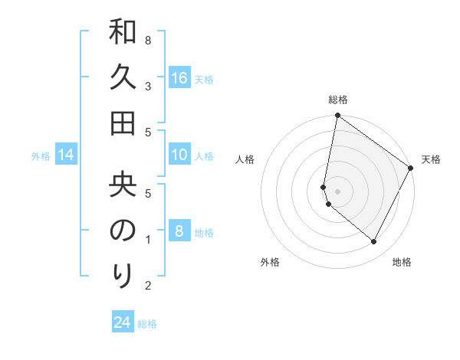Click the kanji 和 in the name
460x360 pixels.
123,34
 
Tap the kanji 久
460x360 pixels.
123,77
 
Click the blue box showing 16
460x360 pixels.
179,78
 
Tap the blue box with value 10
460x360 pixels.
179,155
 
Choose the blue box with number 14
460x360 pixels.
66,155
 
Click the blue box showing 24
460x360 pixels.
123,322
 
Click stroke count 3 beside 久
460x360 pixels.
148,86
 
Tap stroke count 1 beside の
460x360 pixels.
148,240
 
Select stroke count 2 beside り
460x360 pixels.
148,286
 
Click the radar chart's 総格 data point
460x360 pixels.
337,116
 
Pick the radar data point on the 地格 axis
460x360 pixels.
373,242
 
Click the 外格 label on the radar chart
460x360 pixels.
270,262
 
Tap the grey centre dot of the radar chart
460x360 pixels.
337,191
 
